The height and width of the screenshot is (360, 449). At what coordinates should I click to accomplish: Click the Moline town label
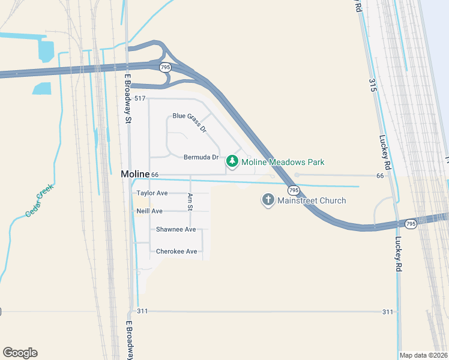click(x=134, y=174)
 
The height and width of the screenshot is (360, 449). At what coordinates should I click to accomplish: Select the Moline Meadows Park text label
click(x=283, y=162)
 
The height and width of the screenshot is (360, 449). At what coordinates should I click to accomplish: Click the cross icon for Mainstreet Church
click(x=268, y=200)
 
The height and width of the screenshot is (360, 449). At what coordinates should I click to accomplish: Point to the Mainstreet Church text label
click(x=312, y=200)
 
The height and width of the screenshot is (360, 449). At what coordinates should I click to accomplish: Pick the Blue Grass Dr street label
click(x=190, y=122)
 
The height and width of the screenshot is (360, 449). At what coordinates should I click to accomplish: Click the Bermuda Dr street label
click(x=201, y=157)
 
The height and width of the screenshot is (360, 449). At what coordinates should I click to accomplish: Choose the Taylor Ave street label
click(x=152, y=193)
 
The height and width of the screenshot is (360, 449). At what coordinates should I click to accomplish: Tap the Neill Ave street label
click(x=149, y=211)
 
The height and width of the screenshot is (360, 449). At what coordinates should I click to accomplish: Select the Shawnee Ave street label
click(x=176, y=230)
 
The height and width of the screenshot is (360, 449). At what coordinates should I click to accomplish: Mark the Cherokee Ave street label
click(x=176, y=251)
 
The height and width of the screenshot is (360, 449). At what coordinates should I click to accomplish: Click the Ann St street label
click(x=190, y=202)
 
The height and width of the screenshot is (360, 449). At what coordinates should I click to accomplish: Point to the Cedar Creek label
click(x=40, y=200)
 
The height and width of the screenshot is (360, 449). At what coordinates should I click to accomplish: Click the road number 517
click(x=140, y=98)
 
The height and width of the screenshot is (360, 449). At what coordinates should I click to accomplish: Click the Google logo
click(x=20, y=353)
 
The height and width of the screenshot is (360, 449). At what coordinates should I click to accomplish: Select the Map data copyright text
click(x=424, y=355)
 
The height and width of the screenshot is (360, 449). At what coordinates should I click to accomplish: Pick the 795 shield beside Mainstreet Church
click(x=293, y=190)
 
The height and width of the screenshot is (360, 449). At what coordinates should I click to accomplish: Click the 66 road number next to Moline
click(x=155, y=175)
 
